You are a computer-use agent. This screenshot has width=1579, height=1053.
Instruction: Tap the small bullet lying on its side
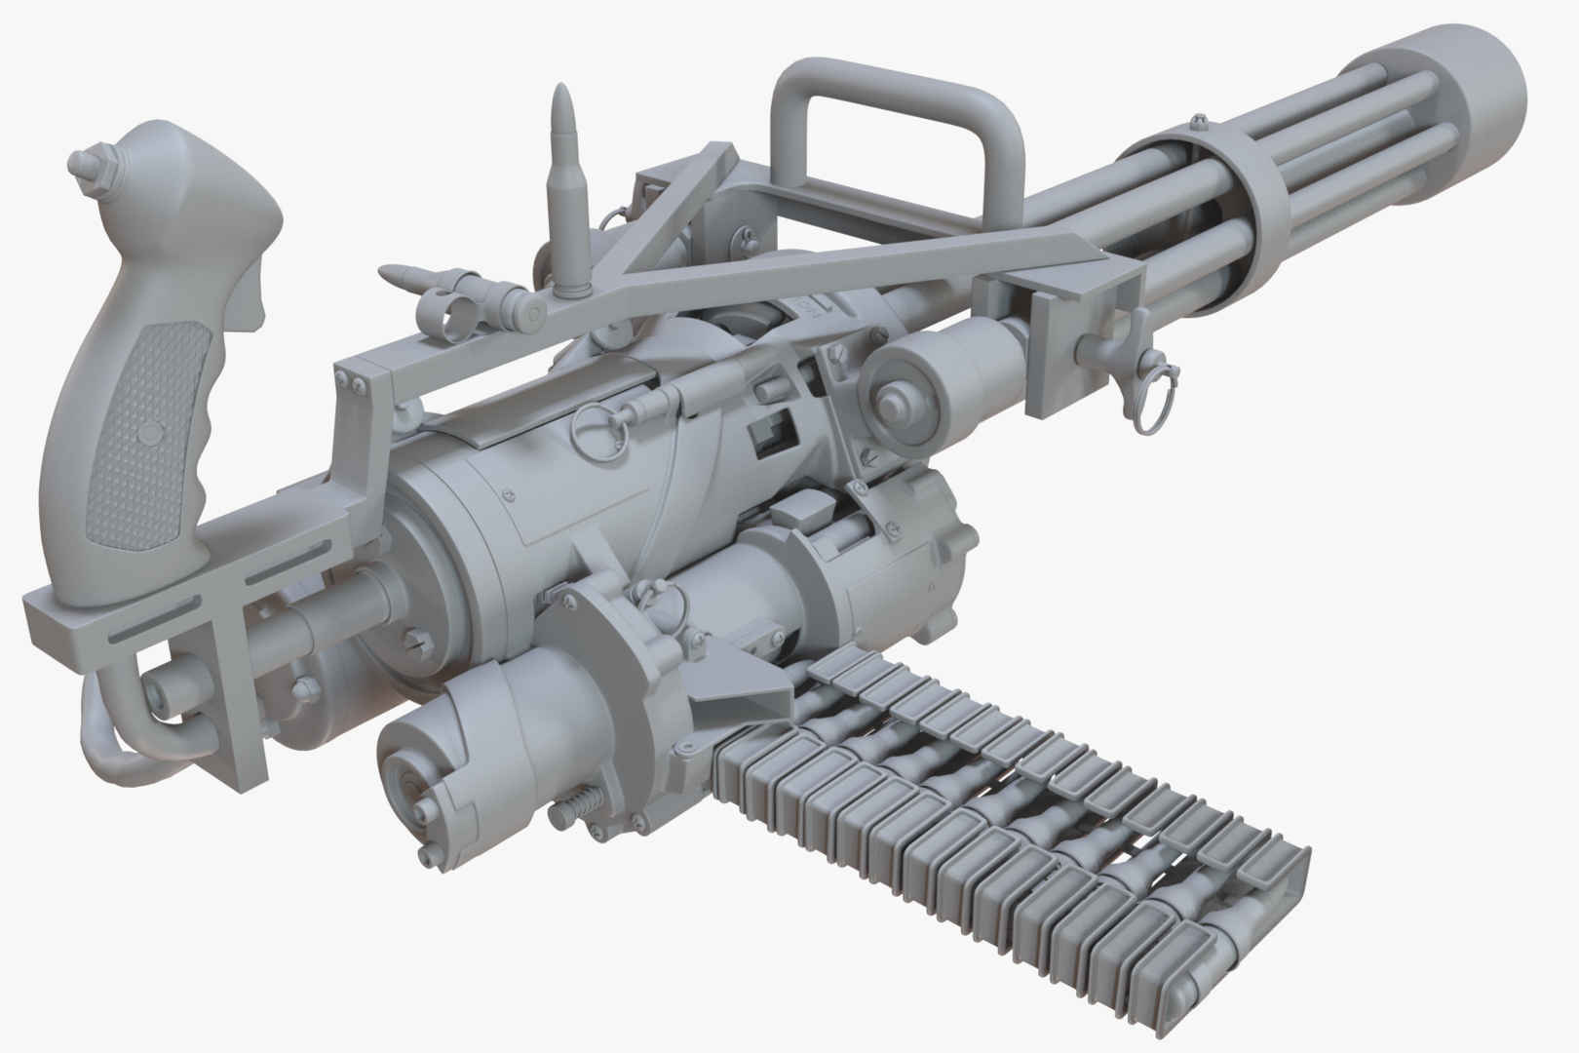click(404, 276)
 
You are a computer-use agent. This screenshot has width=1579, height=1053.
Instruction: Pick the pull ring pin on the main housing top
click(594, 425)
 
